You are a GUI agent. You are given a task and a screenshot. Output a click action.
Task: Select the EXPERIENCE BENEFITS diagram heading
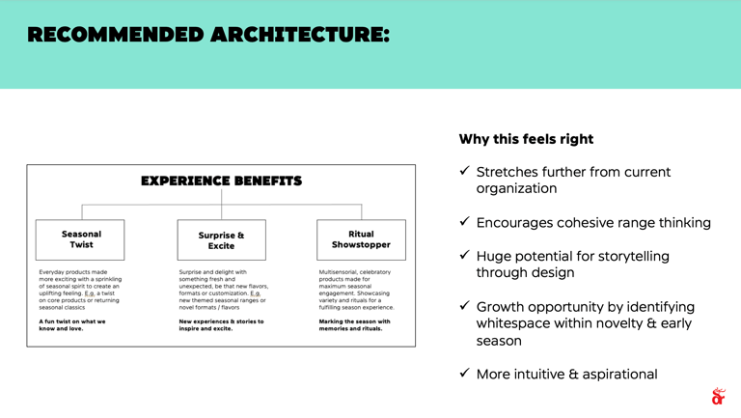click(x=222, y=181)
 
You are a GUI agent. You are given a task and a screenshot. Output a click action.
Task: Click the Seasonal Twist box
click(x=81, y=239)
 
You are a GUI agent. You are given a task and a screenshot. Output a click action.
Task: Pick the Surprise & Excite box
click(x=221, y=240)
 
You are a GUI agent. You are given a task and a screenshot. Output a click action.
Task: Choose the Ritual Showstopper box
click(x=361, y=239)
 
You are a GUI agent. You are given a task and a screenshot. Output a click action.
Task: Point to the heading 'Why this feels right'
click(x=526, y=139)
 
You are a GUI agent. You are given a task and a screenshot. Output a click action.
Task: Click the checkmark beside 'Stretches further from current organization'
click(x=464, y=171)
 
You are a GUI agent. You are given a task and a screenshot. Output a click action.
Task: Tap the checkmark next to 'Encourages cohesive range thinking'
click(x=464, y=222)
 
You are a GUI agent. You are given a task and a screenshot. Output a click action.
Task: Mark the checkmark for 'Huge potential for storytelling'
click(x=464, y=255)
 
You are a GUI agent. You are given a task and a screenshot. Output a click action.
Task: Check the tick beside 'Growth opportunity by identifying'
click(x=464, y=306)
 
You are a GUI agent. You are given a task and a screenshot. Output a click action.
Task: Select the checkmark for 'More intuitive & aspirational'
click(x=464, y=373)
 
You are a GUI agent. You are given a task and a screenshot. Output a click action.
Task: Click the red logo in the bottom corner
click(x=717, y=396)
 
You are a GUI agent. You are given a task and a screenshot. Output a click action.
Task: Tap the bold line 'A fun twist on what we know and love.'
click(x=72, y=324)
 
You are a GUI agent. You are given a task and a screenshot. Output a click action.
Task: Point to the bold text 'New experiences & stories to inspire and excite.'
click(x=221, y=324)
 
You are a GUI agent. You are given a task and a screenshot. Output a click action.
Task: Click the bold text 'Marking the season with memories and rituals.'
click(x=354, y=324)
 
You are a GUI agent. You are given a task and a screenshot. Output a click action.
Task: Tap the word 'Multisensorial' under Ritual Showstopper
click(x=340, y=272)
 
